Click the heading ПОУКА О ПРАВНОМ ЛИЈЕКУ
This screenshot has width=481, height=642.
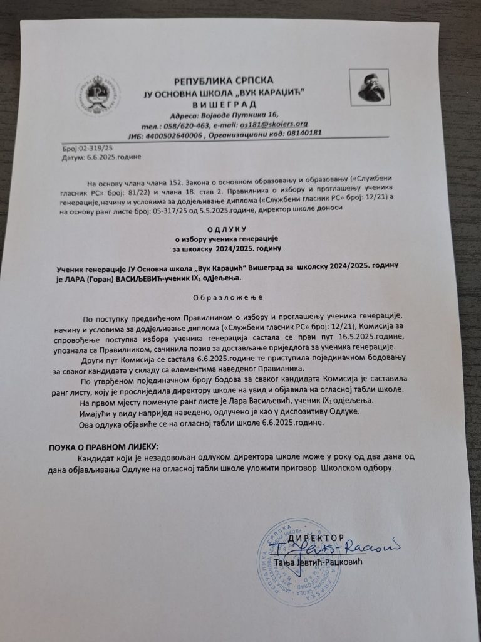[104, 448]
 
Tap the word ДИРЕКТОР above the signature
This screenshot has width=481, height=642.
[317, 538]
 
